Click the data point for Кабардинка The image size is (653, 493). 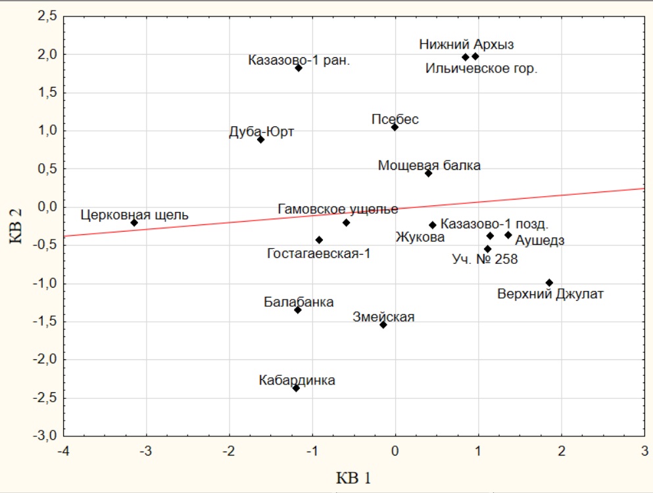point(296,388)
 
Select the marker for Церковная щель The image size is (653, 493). point(134,222)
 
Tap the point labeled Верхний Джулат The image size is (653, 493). point(550,282)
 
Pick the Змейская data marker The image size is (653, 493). point(383,324)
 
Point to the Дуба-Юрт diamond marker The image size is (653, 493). point(261,140)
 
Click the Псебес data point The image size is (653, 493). point(395,127)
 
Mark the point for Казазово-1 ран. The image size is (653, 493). point(299,68)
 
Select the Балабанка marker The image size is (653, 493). point(298,309)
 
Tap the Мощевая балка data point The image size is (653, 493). point(428,173)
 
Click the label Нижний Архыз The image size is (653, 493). point(466,45)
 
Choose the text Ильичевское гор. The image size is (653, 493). point(481,68)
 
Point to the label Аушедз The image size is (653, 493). point(539,240)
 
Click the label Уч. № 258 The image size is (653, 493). point(485,259)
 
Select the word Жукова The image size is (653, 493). point(420,237)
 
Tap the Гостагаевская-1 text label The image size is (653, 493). point(318,253)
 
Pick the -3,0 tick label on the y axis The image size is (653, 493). point(44,436)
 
